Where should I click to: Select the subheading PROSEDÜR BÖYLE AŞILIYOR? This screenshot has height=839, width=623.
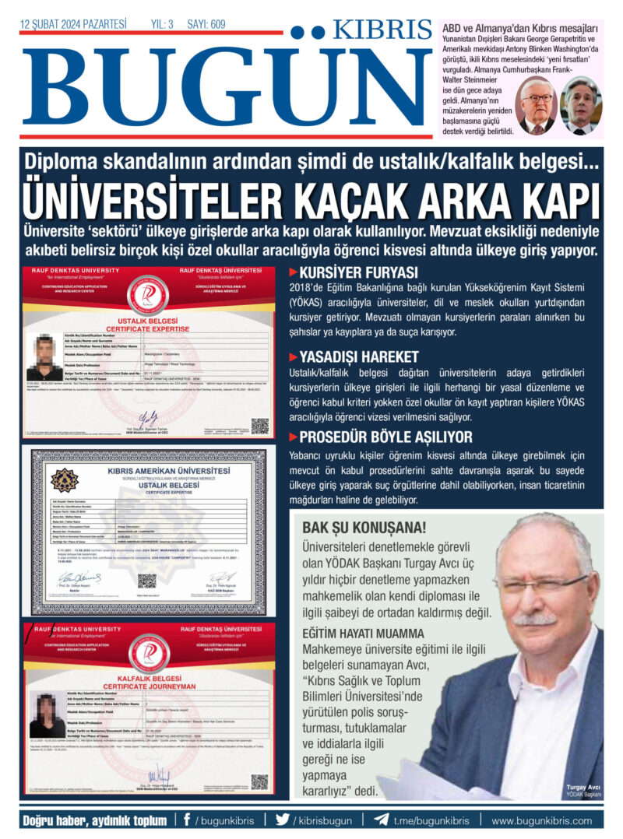point(385,437)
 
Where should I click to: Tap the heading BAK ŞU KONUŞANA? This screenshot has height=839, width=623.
point(354,528)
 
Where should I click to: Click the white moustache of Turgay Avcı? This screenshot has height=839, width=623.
point(535,620)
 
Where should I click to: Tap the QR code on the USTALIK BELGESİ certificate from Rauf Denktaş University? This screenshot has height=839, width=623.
point(259,426)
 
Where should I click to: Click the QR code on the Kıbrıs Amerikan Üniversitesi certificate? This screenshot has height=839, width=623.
point(147,581)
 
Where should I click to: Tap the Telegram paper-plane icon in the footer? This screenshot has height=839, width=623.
point(381,820)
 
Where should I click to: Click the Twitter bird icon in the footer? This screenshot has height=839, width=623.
point(282,820)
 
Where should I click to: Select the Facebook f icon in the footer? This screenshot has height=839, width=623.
point(187,820)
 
